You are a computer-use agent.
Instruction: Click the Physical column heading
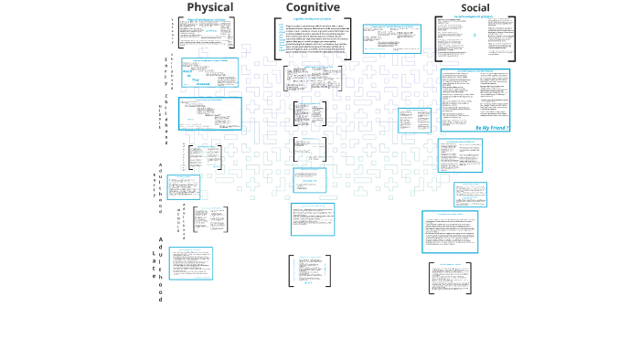coord(210,7)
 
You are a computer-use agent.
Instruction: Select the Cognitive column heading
coord(313,7)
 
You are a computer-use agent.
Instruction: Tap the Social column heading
coord(475,8)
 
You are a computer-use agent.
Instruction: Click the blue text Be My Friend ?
coord(491,128)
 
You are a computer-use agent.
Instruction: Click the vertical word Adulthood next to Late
coord(161,269)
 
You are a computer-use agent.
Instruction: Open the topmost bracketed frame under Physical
coord(209,33)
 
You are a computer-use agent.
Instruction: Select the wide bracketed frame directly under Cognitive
coord(313,38)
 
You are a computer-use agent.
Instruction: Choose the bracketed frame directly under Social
coord(475,38)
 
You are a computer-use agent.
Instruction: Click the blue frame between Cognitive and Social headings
coord(391,39)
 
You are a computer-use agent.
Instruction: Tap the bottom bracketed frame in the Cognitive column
coord(310,271)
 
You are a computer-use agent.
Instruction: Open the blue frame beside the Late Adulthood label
coord(189,263)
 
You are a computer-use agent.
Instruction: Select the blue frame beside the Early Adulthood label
coord(184,187)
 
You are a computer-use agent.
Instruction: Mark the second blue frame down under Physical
coord(209,114)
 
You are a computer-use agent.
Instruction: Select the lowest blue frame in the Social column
coord(450,231)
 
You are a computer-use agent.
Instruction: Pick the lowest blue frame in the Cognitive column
coord(313,219)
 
